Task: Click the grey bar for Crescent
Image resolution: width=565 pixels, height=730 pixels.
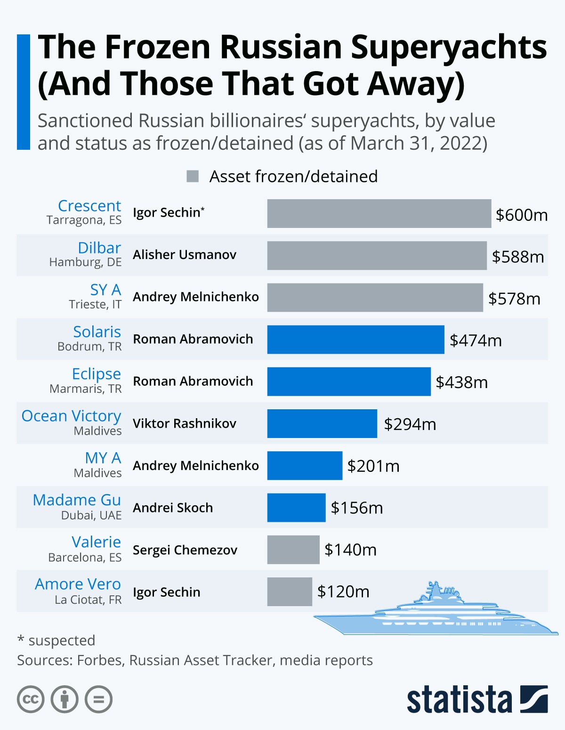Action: coord(379,213)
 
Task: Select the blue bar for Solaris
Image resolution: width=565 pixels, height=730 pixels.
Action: coord(355,340)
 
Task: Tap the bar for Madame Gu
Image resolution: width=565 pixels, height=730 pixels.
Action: coord(296,508)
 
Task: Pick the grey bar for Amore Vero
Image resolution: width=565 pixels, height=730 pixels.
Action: coord(290,592)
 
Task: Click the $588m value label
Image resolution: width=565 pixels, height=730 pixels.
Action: coord(517,257)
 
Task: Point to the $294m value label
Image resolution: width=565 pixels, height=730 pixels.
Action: coord(410,424)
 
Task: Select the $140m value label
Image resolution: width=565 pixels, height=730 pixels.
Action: coord(350,550)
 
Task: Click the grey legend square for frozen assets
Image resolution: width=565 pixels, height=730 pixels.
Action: coord(193,176)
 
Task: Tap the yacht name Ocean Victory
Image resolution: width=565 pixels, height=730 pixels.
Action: coord(72,416)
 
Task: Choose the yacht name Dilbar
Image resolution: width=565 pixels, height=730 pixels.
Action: coord(99,248)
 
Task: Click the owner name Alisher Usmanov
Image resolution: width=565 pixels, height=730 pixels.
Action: coord(185,255)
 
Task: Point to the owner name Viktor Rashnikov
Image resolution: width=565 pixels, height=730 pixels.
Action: coord(185,423)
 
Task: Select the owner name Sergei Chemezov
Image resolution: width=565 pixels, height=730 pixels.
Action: coord(185,550)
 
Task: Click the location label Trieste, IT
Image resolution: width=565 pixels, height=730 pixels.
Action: coord(95,304)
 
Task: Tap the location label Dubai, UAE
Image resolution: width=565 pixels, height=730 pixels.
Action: coord(91,515)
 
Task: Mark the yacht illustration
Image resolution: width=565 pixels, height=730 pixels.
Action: coord(436,612)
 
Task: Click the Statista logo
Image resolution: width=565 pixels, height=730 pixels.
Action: coord(477,699)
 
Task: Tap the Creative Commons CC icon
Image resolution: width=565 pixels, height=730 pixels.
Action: coord(31,699)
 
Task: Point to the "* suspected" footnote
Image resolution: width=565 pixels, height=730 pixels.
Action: coord(56,641)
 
